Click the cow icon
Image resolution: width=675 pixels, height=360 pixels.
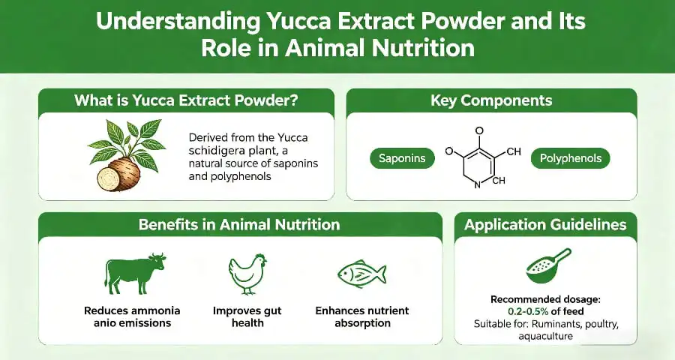click(136, 274)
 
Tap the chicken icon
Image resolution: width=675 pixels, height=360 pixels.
click(247, 274)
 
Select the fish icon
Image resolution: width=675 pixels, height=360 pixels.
click(361, 274)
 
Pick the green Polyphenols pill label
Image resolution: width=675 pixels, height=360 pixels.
click(570, 158)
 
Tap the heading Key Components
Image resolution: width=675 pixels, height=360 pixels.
click(491, 100)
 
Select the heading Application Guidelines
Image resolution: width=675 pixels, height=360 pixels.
click(545, 224)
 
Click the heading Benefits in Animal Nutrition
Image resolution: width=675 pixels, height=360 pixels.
click(238, 224)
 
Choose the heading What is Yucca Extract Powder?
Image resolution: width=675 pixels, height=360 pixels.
click(186, 100)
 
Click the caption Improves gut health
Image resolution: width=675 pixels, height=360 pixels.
click(247, 316)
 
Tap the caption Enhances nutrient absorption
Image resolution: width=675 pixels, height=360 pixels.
click(362, 316)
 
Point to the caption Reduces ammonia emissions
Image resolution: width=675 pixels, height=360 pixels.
click(132, 316)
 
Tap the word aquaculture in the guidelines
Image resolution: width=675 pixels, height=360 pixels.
click(545, 337)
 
